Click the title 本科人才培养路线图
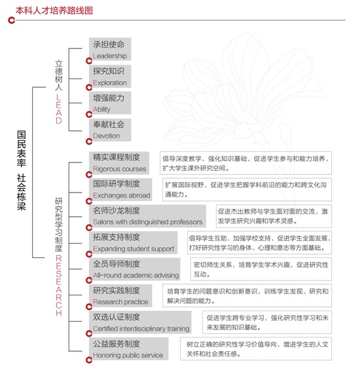54,10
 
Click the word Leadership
110,56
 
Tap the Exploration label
110,83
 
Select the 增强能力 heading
109,98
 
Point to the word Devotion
106,136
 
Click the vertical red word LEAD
59,109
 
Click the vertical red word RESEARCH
59,286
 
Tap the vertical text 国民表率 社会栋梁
21,170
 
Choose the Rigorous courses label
119,169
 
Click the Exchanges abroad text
122,195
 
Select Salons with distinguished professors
147,222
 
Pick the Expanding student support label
134,249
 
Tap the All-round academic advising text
136,275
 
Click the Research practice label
120,302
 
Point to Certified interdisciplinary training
141,329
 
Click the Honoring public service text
128,355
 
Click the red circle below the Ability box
89,115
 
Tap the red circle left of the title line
11,20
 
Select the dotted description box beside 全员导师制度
261,269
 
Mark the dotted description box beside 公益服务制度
256,348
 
